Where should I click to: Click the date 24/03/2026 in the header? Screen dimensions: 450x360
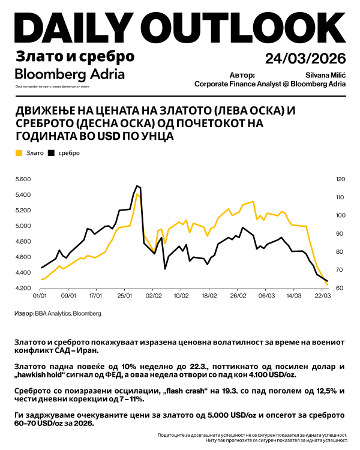[x=305, y=58]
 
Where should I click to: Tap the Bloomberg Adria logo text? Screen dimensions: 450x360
[x=70, y=74]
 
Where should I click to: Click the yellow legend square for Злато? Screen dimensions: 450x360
[x=19, y=153]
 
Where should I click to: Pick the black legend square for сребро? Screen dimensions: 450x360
[x=52, y=153]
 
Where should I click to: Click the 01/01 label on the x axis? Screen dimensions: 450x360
[x=40, y=296]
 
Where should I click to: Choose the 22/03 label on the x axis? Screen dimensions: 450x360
[x=323, y=296]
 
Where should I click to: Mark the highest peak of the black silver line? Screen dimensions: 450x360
[x=137, y=186]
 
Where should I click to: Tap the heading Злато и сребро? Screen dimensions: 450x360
[x=74, y=57]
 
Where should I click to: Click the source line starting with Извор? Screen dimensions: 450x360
[x=58, y=313]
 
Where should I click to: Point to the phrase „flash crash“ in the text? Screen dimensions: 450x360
[x=191, y=392]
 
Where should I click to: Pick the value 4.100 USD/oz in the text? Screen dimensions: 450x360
[x=272, y=375]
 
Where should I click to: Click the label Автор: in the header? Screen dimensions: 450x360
[x=242, y=75]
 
